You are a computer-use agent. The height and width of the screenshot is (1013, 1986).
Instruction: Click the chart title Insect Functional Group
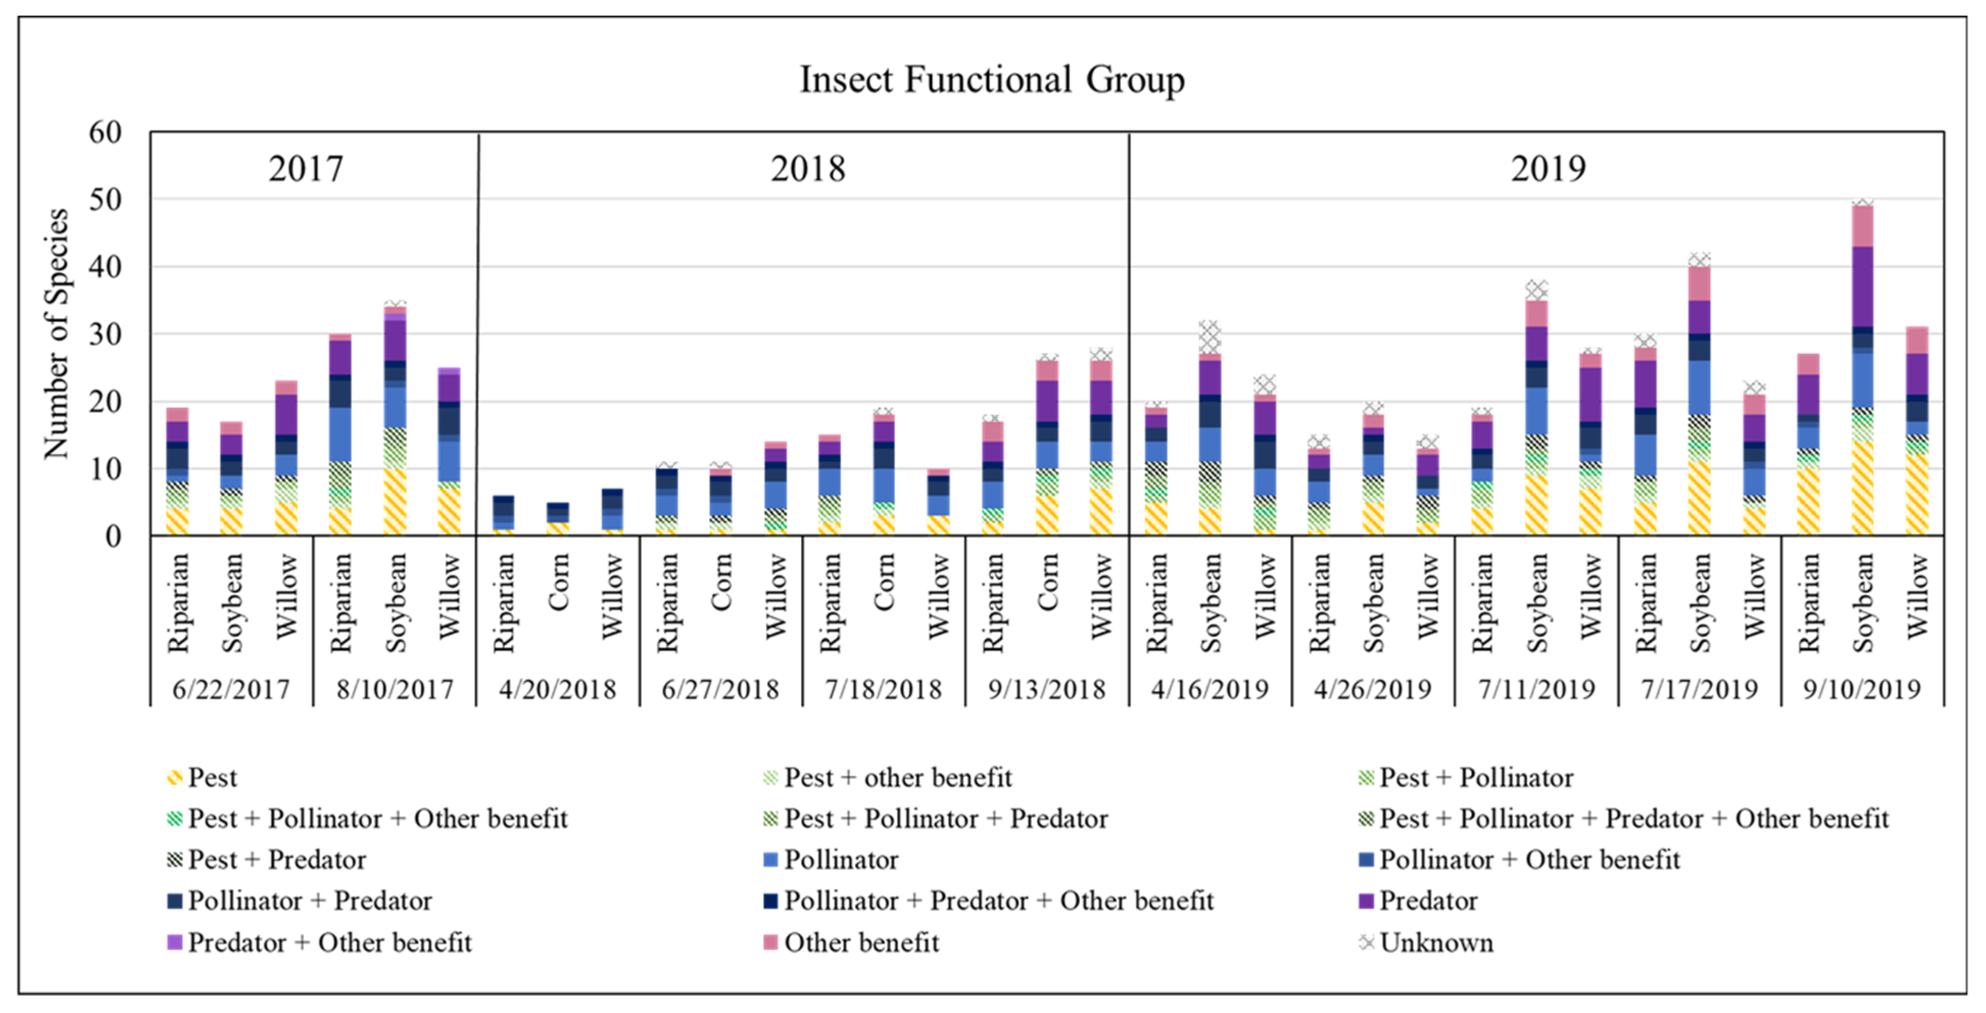click(x=991, y=80)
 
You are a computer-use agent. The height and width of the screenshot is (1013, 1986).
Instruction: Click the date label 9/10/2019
click(x=1862, y=688)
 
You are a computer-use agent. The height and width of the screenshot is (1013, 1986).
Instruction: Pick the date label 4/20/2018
click(x=558, y=688)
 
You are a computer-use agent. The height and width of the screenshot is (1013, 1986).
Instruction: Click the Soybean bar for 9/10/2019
click(x=1862, y=370)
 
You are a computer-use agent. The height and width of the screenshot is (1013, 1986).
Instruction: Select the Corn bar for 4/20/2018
click(x=558, y=519)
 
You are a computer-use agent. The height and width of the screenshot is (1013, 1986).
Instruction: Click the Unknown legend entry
click(x=1436, y=942)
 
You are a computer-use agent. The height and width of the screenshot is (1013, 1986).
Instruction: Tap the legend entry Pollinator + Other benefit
click(x=1528, y=860)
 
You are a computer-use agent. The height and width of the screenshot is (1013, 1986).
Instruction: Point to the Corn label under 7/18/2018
click(x=884, y=583)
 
